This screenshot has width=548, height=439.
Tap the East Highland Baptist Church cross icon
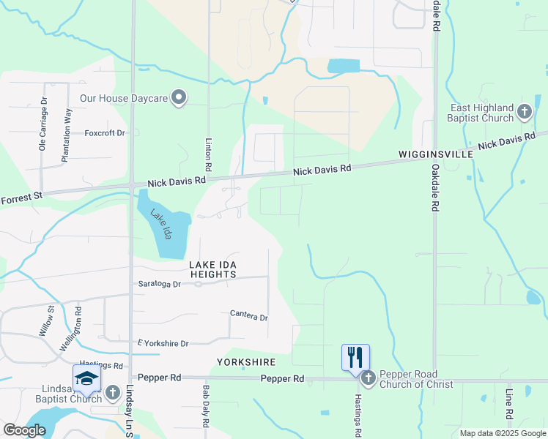(525, 112)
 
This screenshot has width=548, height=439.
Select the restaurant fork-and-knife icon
(355, 357)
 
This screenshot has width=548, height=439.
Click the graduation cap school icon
(86, 378)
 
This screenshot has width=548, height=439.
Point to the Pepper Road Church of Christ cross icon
(368, 378)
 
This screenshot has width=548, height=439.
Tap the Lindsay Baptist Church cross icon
(113, 393)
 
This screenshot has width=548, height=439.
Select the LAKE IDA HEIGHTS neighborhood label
(213, 269)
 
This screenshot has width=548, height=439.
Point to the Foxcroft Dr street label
(105, 133)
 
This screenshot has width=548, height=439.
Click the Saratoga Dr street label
(159, 284)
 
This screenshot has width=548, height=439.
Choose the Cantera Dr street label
(249, 317)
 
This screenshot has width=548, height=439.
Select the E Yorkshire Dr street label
(163, 343)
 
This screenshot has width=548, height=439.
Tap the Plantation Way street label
(67, 135)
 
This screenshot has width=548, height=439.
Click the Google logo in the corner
(24, 430)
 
